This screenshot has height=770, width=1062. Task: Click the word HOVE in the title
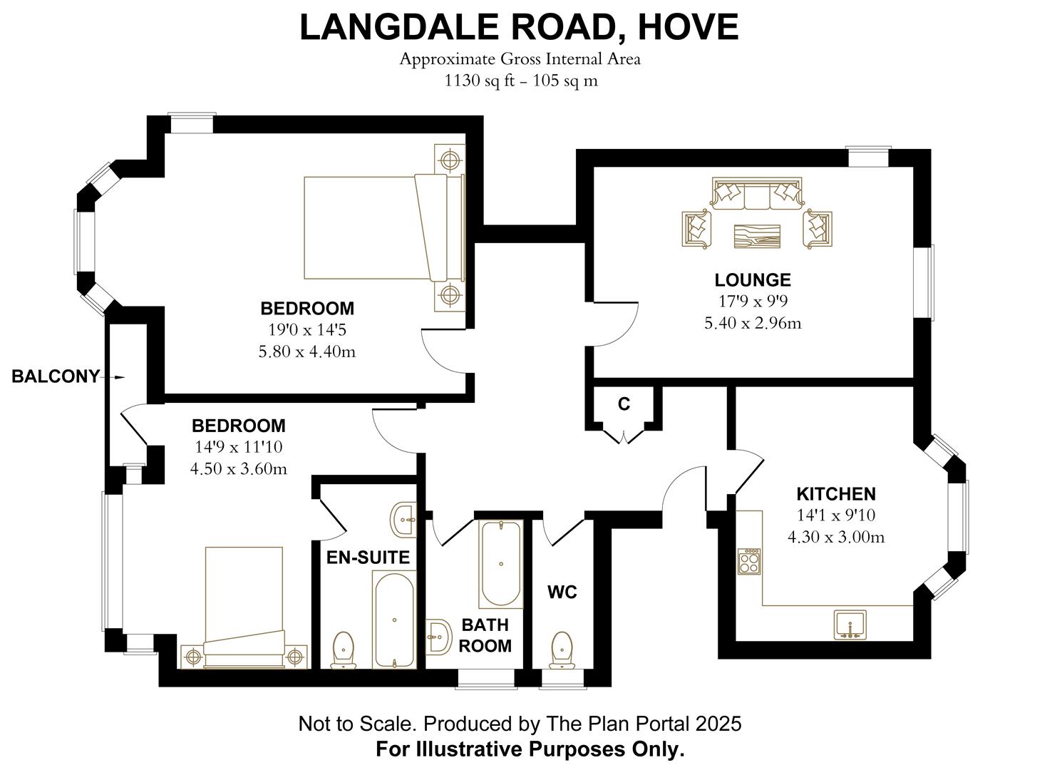click(x=688, y=27)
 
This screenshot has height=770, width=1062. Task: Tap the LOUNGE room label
click(x=753, y=280)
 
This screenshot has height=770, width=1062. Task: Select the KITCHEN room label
click(x=835, y=494)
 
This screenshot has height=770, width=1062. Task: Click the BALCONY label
click(x=56, y=377)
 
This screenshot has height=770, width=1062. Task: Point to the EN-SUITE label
click(x=368, y=558)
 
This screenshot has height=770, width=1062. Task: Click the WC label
click(x=562, y=592)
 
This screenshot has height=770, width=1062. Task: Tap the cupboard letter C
click(x=624, y=404)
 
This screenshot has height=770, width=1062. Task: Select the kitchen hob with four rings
click(x=749, y=562)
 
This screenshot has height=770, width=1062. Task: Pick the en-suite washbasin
click(x=404, y=518)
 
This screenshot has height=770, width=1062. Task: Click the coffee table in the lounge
click(x=758, y=236)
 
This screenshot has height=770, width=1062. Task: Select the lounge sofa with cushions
click(x=756, y=194)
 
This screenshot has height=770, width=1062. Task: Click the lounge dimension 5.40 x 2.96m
click(x=753, y=324)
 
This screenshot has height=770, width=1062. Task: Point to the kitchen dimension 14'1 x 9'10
click(x=835, y=515)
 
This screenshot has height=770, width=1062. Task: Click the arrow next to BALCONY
click(x=118, y=377)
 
